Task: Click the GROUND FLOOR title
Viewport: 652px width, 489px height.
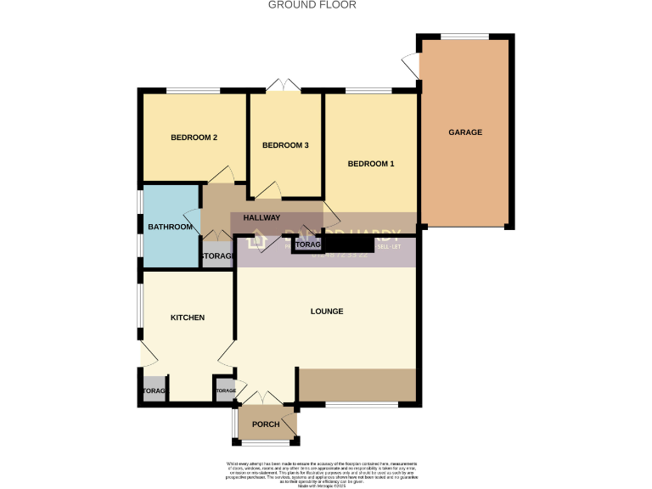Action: click(x=312, y=5)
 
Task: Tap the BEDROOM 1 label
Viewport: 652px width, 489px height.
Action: click(x=370, y=163)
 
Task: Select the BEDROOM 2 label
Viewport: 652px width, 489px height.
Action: click(x=194, y=138)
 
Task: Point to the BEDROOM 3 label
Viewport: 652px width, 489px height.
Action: click(x=284, y=145)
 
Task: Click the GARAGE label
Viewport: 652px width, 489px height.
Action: click(x=465, y=132)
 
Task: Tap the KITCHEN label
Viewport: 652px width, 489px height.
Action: click(x=188, y=318)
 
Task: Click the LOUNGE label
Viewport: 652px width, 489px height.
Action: click(x=327, y=312)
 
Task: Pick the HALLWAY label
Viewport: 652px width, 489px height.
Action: click(x=261, y=218)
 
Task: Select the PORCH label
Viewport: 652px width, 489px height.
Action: click(x=265, y=424)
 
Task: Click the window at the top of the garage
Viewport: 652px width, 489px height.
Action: click(x=464, y=36)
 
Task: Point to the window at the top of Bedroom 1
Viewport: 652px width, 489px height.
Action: click(x=368, y=90)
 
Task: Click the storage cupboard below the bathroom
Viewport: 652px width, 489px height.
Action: click(x=216, y=256)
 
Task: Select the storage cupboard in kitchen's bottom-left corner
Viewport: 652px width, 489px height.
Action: click(x=155, y=391)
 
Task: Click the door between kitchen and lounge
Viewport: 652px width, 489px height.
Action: click(x=226, y=355)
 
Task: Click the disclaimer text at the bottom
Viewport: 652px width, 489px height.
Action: click(x=325, y=471)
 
